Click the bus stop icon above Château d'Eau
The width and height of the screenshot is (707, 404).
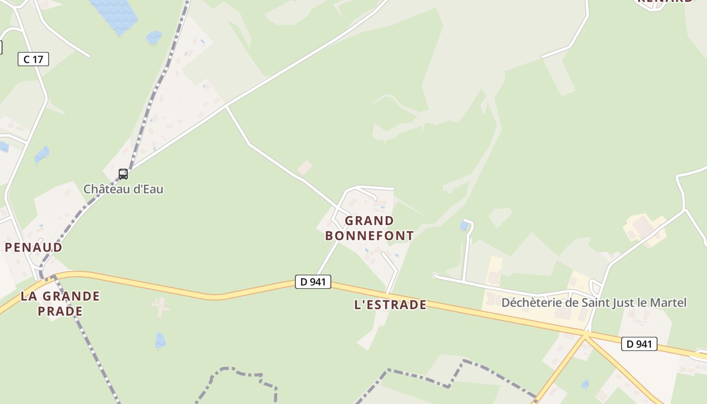pos(123,174)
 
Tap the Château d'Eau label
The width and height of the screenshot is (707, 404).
pos(123,189)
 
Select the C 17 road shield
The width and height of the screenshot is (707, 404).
pos(33,59)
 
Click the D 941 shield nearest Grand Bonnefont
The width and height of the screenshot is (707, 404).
pos(313,282)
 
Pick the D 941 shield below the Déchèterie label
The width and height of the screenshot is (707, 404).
pos(639,344)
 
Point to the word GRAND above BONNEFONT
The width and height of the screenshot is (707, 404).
pos(369,221)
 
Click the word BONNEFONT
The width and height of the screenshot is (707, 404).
pos(369,236)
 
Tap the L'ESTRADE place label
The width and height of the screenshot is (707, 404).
pos(390,305)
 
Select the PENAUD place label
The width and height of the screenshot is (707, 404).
pos(34,247)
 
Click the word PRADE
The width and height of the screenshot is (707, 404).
pos(60,311)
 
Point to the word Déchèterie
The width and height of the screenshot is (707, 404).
pos(531,303)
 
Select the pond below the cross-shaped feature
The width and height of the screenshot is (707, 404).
pos(160,341)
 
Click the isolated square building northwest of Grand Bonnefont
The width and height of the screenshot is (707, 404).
pos(305,168)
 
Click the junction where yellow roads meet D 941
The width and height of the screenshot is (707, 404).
pos(585,334)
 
